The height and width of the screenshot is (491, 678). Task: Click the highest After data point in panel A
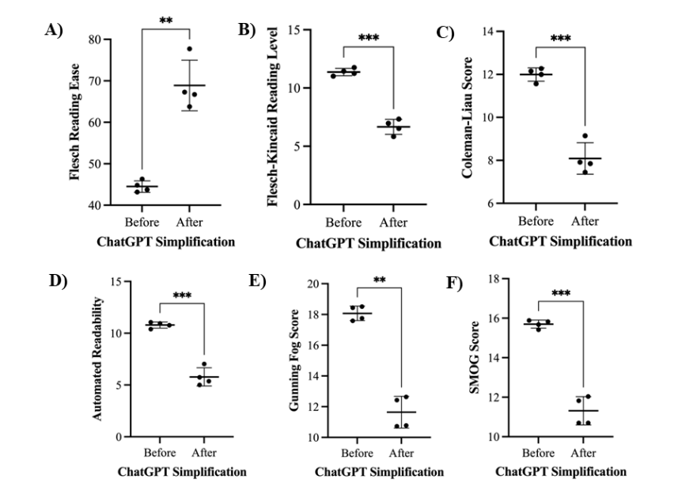tap(190, 50)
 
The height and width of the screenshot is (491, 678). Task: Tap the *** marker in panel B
tap(369, 39)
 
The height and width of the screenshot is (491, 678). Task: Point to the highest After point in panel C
tap(585, 136)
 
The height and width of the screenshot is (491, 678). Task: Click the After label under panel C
tap(585, 222)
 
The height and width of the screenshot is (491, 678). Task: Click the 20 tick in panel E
tap(312, 284)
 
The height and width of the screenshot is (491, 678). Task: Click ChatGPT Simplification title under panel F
tap(562, 471)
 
